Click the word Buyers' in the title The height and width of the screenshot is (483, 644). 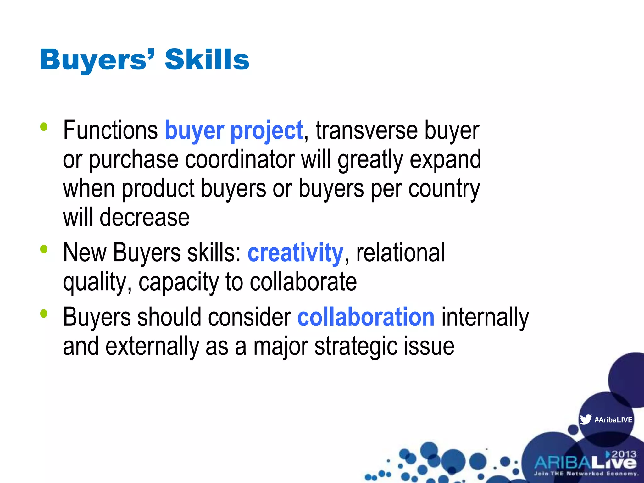[x=97, y=59]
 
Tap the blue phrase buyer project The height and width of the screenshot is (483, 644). [x=234, y=130]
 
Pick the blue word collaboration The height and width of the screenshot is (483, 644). [x=366, y=317]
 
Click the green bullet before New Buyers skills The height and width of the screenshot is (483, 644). [x=44, y=249]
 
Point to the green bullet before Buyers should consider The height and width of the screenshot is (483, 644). [x=44, y=314]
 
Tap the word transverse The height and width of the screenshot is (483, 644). [x=367, y=130]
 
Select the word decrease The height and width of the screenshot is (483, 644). [x=144, y=217]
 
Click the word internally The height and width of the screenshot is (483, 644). [x=485, y=317]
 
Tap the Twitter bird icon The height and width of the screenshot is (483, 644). [x=586, y=419]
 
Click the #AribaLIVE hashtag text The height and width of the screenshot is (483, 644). [x=613, y=420]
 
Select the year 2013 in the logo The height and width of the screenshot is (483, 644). [x=623, y=454]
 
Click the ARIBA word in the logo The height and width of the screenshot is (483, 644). [x=562, y=463]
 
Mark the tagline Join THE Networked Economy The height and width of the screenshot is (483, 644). [x=586, y=474]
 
